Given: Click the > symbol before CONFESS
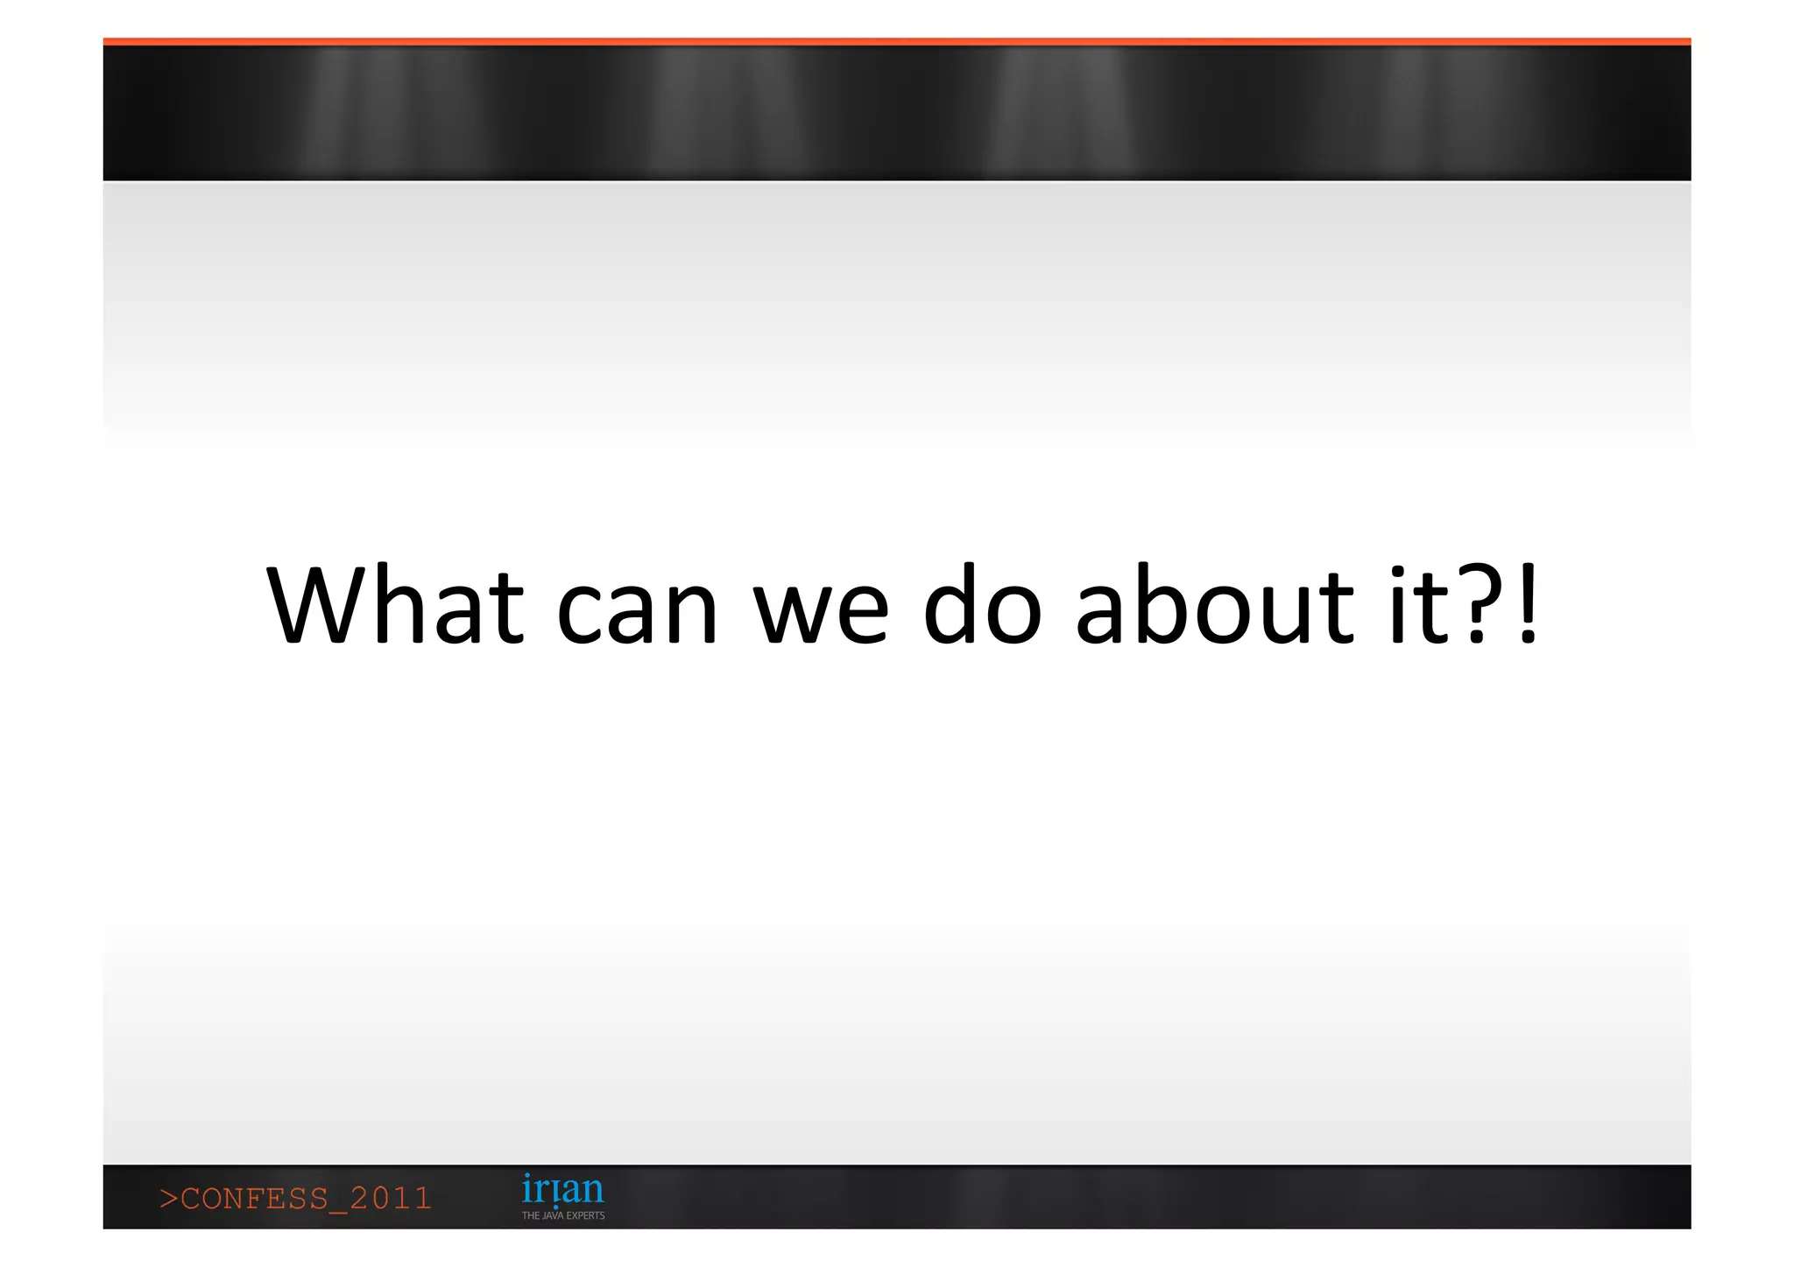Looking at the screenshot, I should click(168, 1199).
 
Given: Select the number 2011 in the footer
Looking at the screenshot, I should click(391, 1199).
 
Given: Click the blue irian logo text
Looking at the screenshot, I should click(562, 1190).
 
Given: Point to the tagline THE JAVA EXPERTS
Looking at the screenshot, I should click(563, 1215).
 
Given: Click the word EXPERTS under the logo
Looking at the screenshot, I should click(586, 1215).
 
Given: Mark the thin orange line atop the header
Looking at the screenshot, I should click(897, 41).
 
